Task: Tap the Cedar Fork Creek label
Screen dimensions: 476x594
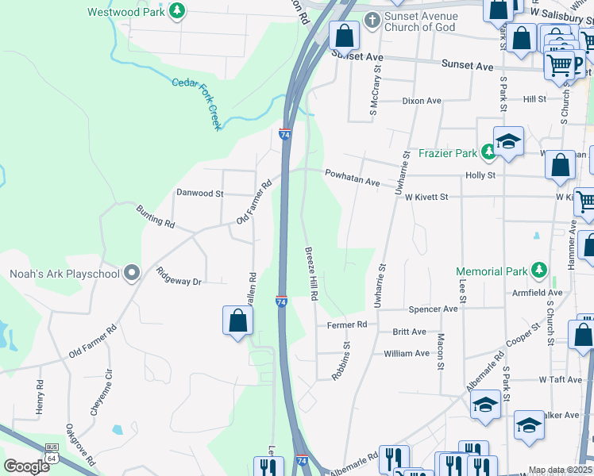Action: pos(196,102)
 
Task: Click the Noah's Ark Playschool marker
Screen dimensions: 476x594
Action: pos(132,274)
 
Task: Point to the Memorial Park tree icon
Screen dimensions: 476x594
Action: pos(539,271)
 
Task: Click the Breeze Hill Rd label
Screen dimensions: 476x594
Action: pos(312,272)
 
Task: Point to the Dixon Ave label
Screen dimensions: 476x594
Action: pos(421,101)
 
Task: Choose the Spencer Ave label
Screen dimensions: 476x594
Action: pos(433,309)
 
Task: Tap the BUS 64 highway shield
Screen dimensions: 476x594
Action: pos(52,454)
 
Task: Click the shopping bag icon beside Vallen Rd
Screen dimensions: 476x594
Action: pos(237,321)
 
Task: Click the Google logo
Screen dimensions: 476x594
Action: pos(26,466)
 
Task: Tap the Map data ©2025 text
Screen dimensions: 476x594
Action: pos(559,470)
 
